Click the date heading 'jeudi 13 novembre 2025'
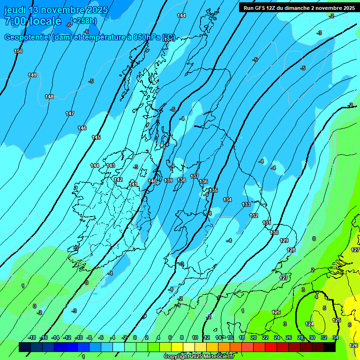point(56,10)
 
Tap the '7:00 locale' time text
point(32,21)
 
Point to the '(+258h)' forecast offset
point(84,21)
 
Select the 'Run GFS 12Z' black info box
point(299,7)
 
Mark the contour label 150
point(18,51)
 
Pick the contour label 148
point(49,97)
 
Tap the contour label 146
point(82,128)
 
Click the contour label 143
point(111,165)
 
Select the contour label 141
point(134,184)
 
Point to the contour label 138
point(181,180)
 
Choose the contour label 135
point(214,190)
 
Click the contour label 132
point(254,216)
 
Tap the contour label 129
point(284,240)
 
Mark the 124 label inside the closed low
point(309,324)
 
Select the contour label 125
point(337,320)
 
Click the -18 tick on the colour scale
point(32,337)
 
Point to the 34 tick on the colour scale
point(335,337)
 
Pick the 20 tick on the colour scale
point(254,337)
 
